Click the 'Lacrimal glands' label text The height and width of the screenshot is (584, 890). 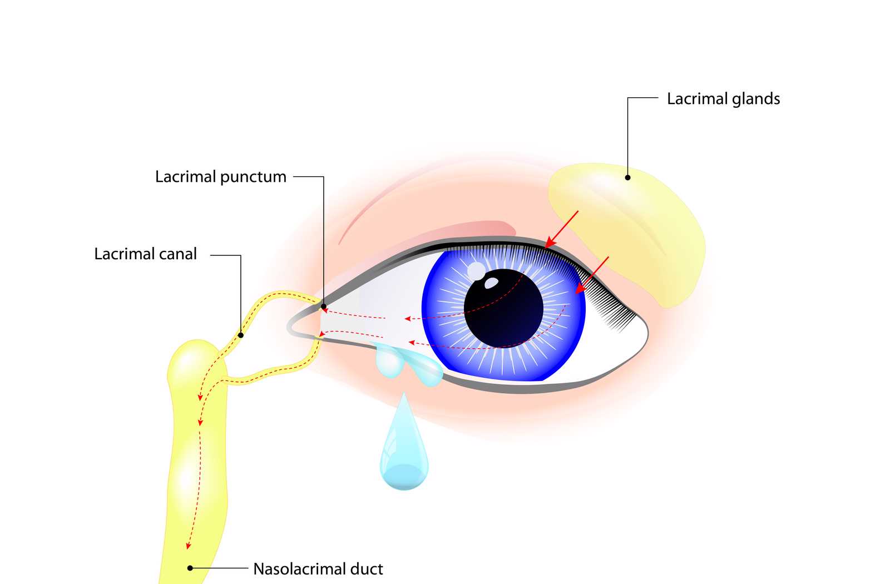pyautogui.click(x=723, y=99)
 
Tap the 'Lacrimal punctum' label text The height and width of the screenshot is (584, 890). pyautogui.click(x=220, y=177)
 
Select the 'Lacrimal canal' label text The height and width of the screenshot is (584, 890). pyautogui.click(x=145, y=254)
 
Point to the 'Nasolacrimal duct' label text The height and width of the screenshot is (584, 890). pyautogui.click(x=318, y=569)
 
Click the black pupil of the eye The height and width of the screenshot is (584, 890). pyautogui.click(x=503, y=309)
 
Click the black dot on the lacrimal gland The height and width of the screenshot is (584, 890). pyautogui.click(x=627, y=177)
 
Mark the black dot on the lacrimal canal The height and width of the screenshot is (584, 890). pyautogui.click(x=240, y=335)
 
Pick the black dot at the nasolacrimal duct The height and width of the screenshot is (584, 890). pyautogui.click(x=190, y=568)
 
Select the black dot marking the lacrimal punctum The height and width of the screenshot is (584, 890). pyautogui.click(x=323, y=306)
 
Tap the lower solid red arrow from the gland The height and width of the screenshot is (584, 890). pyautogui.click(x=592, y=275)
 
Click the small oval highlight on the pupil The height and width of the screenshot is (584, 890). pyautogui.click(x=491, y=283)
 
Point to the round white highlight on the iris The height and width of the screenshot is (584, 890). pyautogui.click(x=476, y=271)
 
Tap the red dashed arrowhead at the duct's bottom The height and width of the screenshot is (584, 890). pyautogui.click(x=189, y=546)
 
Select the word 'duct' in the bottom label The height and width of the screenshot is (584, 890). pyautogui.click(x=366, y=569)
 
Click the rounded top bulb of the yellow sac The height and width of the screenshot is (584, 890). pyautogui.click(x=195, y=356)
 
